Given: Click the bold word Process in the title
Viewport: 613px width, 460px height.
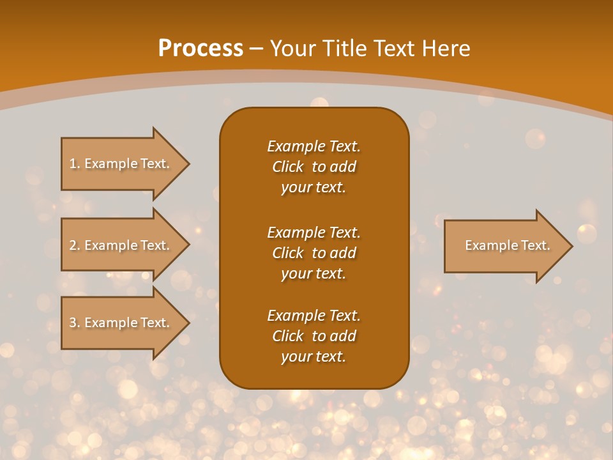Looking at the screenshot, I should coord(201,49).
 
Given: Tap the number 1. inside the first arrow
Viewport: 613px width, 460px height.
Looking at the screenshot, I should coord(75,164).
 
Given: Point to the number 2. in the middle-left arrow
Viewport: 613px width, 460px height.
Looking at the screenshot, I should coord(75,245).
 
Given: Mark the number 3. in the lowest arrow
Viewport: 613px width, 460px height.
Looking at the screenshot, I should coord(75,323).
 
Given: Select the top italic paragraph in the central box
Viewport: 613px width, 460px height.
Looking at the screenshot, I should coord(314,167).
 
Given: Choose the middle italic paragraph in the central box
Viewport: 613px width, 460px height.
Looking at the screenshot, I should coord(314,252).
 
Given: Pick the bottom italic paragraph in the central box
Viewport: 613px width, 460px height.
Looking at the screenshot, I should coord(314,336).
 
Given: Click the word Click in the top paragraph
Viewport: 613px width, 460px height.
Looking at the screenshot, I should coord(287,167).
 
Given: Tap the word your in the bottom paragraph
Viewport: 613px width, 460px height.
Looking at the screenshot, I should coord(296,357).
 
